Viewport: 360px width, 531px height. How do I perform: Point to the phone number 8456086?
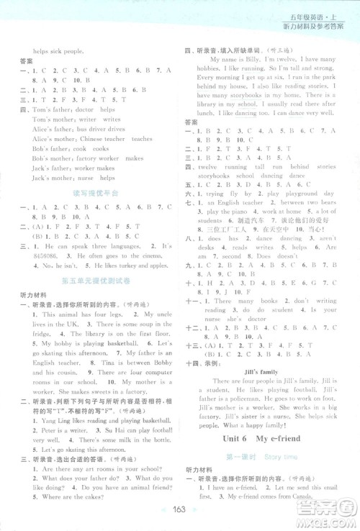(x=30, y=255)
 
